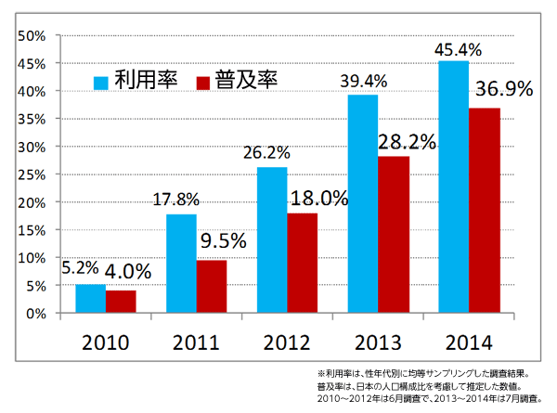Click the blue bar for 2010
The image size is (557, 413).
click(x=90, y=299)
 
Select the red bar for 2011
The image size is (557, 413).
click(x=211, y=287)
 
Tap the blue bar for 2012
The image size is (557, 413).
click(x=272, y=240)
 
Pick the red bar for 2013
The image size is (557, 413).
click(x=393, y=235)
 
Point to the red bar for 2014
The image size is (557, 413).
click(x=484, y=211)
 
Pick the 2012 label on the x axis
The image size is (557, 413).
click(x=286, y=342)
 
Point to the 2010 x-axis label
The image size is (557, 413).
click(x=104, y=342)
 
